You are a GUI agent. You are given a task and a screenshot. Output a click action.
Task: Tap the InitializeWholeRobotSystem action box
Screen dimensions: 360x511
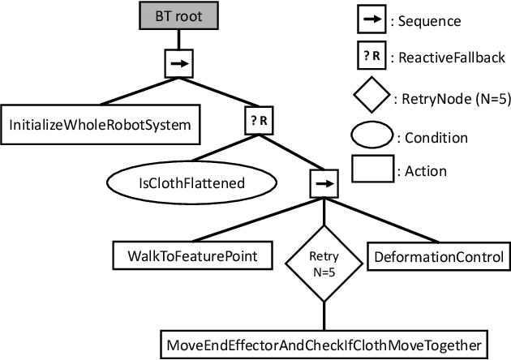click(99, 125)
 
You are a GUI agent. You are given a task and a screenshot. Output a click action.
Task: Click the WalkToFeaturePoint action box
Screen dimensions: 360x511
click(192, 257)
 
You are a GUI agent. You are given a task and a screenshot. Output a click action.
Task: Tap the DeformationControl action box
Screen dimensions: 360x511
click(438, 257)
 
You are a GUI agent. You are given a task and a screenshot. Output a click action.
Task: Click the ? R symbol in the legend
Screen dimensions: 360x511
click(368, 58)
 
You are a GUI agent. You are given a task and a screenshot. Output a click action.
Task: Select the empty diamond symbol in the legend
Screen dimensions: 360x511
click(371, 99)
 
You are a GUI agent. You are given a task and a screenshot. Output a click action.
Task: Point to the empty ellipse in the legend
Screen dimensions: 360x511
click(371, 135)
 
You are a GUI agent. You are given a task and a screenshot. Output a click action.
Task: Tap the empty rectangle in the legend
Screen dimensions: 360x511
click(371, 170)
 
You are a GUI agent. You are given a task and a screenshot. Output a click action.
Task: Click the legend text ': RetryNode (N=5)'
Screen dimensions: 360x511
click(451, 100)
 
